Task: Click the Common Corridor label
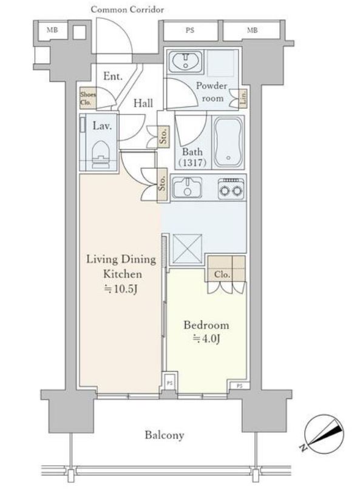click(x=127, y=10)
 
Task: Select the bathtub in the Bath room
click(x=228, y=142)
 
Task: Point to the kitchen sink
click(x=187, y=188)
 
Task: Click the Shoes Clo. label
click(x=88, y=99)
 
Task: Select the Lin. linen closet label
click(x=243, y=98)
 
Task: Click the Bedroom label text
click(x=206, y=325)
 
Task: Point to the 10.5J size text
click(x=121, y=289)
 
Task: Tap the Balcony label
click(x=165, y=435)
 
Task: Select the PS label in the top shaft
click(x=190, y=30)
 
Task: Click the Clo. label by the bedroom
click(x=222, y=274)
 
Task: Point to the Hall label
click(x=143, y=103)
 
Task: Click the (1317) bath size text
click(x=193, y=163)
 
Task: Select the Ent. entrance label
click(x=113, y=76)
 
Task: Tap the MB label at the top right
click(x=252, y=30)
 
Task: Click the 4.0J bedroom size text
click(x=206, y=339)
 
